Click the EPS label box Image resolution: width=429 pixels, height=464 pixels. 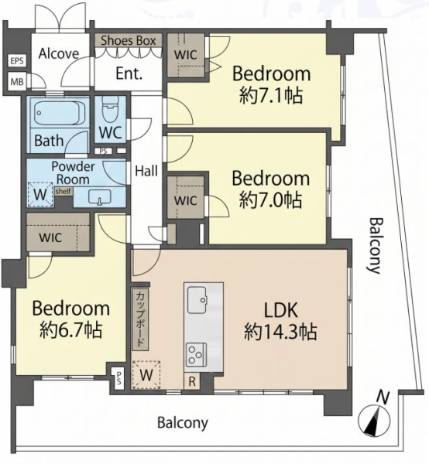coord(16,61)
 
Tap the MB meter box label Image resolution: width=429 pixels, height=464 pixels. coord(16,81)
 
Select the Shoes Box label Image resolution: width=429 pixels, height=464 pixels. coord(129,40)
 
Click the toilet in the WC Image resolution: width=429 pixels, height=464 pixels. coord(110,109)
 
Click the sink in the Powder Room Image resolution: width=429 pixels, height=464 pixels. coord(100,196)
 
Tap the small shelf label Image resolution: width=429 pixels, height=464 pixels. coord(63,191)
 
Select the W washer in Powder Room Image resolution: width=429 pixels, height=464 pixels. coord(40,194)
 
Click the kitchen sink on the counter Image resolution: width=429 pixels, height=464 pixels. coord(197,299)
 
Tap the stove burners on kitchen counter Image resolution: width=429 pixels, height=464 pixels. coord(196,354)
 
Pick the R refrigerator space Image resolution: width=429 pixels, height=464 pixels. coord(192,381)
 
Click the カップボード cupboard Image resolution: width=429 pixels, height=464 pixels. coord(140,319)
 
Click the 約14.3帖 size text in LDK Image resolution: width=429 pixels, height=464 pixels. coord(280,332)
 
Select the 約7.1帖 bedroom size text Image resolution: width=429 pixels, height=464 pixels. coord(271,95)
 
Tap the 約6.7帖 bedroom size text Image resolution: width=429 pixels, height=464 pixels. coord(71,329)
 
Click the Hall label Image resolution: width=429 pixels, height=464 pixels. coord(146,171)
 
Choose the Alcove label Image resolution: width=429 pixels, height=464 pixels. coord(59,53)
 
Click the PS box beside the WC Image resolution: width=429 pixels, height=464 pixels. coord(104,152)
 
